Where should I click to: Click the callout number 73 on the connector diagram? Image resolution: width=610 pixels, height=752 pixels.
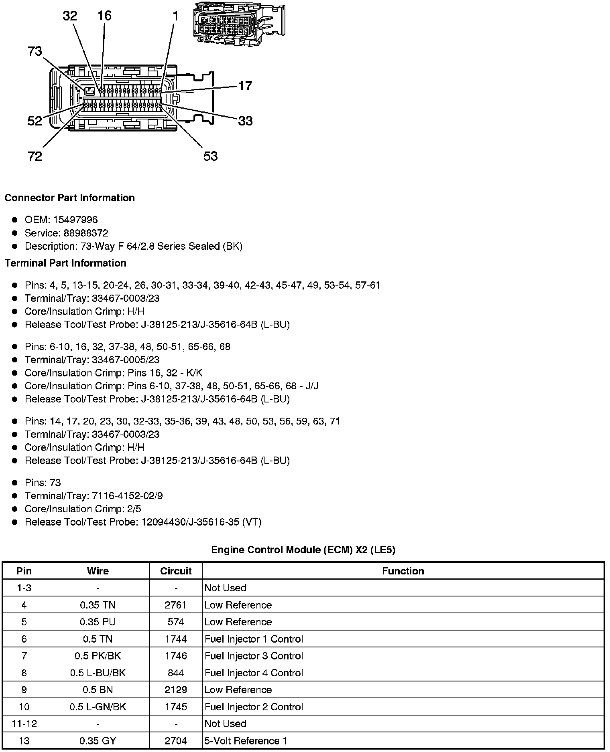pos(35,51)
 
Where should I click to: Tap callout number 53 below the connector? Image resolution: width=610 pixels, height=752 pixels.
pos(210,156)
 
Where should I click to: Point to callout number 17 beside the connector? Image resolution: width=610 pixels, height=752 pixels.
pos(245,85)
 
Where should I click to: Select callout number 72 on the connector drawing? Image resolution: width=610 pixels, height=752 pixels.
pos(35,156)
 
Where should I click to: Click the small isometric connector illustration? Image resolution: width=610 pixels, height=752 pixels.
pos(239,24)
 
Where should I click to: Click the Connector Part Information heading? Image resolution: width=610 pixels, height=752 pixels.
pos(69,198)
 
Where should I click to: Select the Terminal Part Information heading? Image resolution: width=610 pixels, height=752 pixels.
pos(65,263)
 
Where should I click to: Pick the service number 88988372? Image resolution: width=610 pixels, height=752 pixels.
pos(86,233)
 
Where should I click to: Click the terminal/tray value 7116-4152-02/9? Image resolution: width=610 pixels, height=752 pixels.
pos(128,496)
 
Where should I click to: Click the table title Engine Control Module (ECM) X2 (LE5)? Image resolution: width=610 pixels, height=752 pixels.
pos(303,550)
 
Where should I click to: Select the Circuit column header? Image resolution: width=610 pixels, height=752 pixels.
pos(176,571)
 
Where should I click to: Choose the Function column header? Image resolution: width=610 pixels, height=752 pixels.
pos(403,571)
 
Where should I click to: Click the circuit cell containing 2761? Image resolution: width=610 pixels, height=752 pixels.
pos(176,605)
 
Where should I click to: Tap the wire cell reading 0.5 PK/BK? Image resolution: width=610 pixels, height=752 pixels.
pos(98,656)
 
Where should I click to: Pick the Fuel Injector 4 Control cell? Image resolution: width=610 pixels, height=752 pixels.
pos(254,673)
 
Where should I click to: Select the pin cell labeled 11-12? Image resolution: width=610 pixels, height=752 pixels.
pos(24,724)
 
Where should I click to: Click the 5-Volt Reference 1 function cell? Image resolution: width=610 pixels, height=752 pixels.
pos(246,741)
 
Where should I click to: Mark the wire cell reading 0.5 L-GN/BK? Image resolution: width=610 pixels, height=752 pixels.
pos(98,707)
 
